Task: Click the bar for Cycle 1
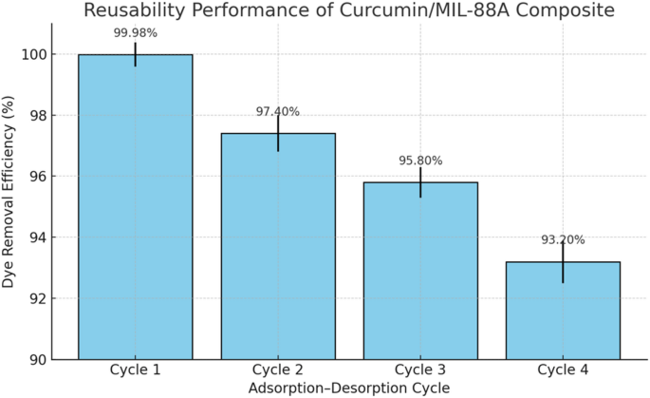[135, 207]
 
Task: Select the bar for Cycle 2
[278, 246]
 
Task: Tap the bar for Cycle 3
[420, 271]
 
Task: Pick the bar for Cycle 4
[563, 311]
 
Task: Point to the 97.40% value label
[278, 111]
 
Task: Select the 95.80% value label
[420, 161]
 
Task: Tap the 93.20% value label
[563, 240]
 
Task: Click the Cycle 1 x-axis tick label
[135, 370]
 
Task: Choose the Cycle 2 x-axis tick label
[278, 370]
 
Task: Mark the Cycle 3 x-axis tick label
[420, 370]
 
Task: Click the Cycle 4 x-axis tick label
[563, 370]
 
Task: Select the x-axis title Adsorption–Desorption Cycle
[348, 388]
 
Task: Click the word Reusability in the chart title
[131, 11]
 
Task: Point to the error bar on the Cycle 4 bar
[563, 262]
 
